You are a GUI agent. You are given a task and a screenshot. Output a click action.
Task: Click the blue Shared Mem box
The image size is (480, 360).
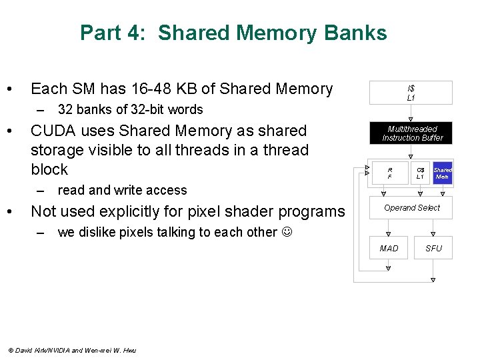pos(443,173)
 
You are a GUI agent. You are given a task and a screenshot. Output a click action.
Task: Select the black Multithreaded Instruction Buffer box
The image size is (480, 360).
pos(413,133)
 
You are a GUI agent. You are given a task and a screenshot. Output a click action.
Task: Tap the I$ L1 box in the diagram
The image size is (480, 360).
pos(411,93)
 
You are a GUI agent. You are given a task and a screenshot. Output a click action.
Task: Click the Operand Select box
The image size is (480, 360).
pos(412,208)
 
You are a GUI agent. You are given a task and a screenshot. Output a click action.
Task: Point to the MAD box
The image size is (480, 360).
pos(389,249)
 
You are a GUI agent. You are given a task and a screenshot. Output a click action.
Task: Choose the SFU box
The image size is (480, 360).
pos(433,249)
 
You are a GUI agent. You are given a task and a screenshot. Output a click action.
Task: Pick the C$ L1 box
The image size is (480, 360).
pos(420,173)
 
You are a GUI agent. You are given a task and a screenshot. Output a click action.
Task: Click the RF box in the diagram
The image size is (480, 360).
pos(390,173)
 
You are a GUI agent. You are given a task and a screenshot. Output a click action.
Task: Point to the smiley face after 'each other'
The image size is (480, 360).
pos(288,232)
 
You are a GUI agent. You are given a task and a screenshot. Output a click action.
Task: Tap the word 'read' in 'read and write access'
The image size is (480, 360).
pos(71,190)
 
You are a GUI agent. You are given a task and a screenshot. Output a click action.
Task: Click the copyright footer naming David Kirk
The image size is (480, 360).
pos(71,350)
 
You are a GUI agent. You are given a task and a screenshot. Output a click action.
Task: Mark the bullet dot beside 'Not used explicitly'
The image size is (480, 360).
pos(10,212)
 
